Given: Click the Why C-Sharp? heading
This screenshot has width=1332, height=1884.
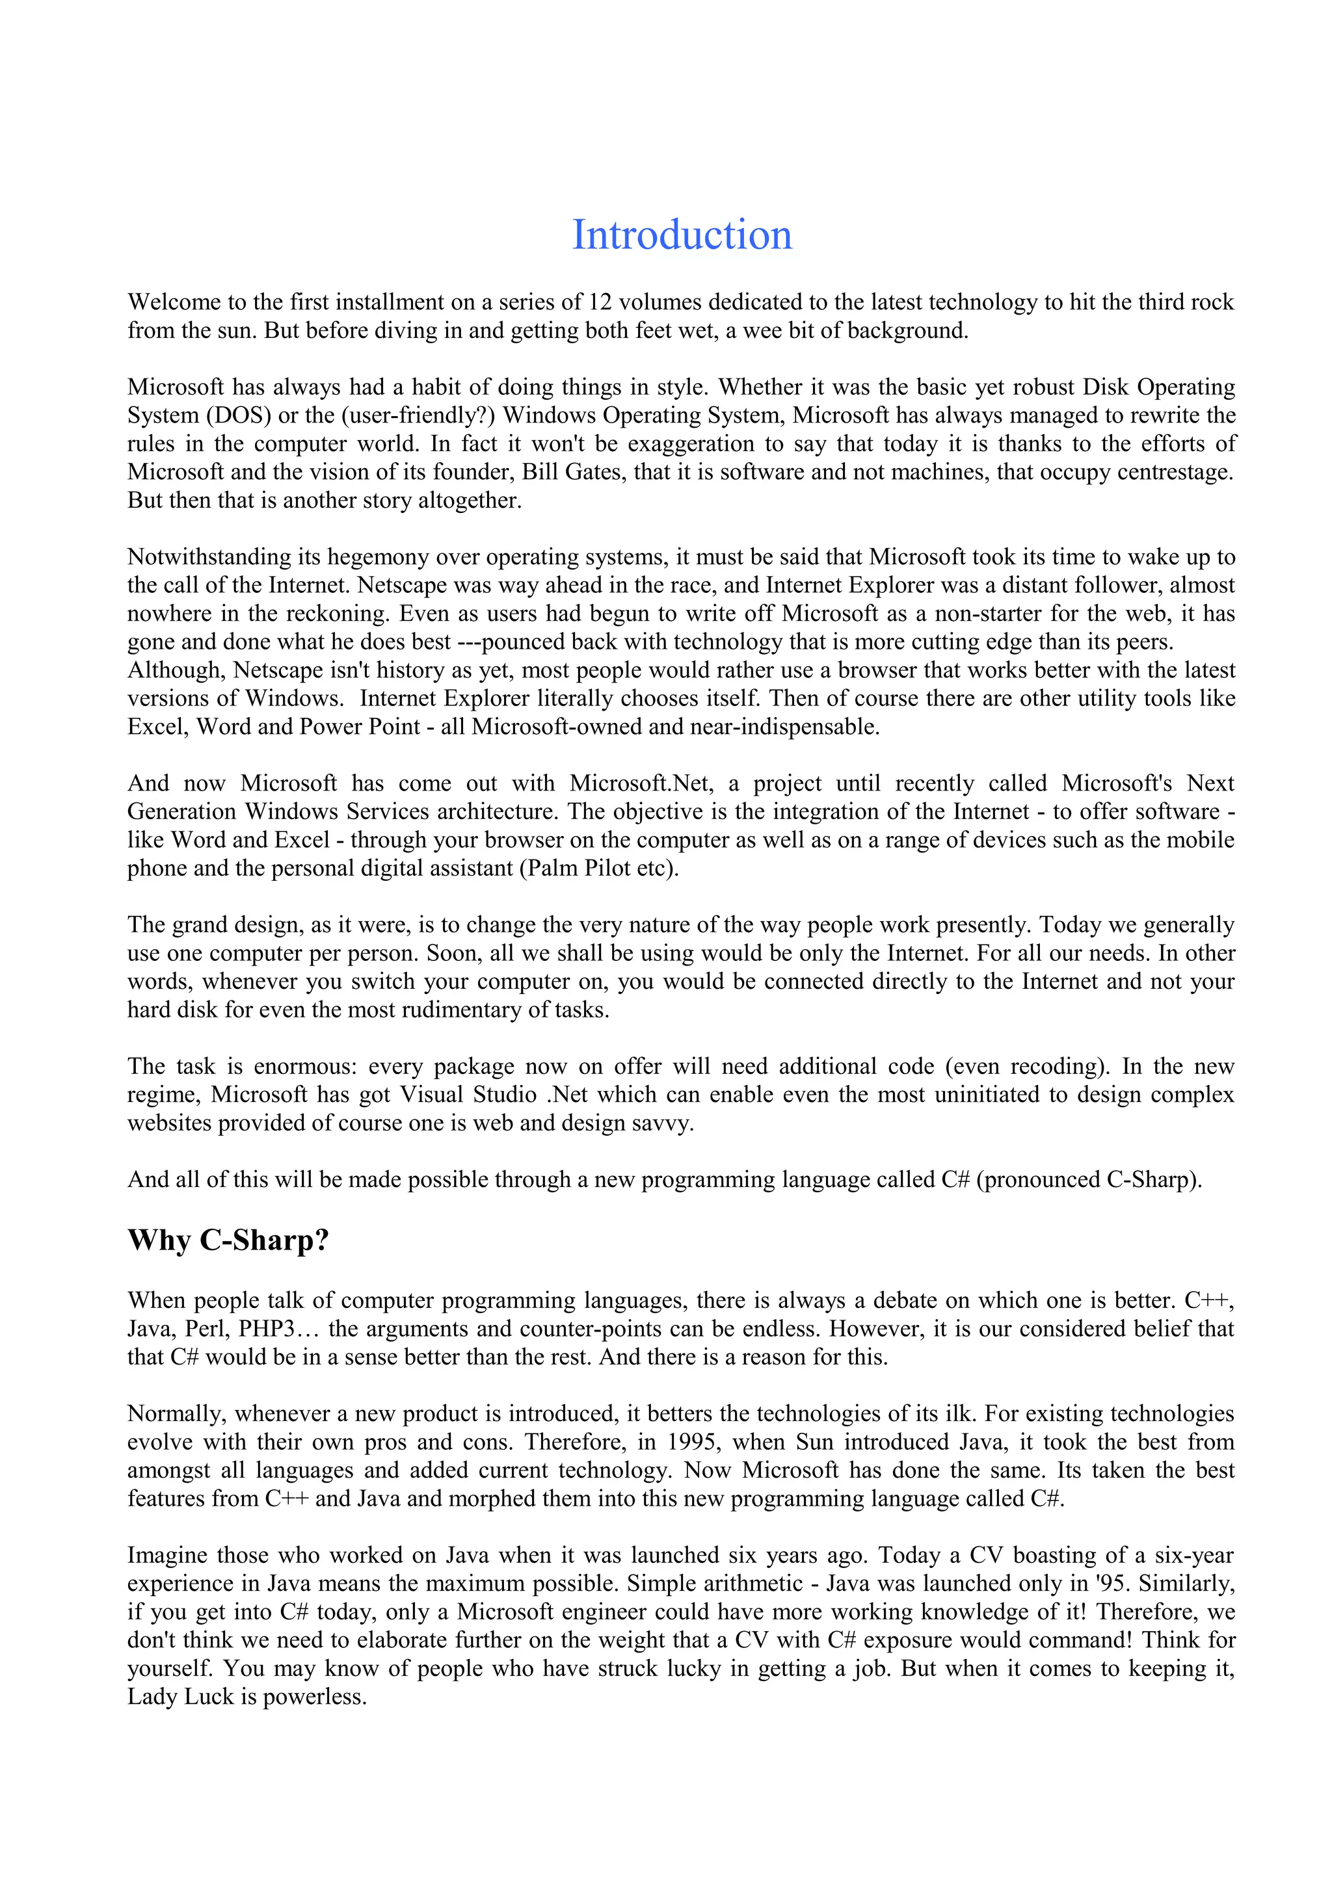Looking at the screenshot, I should click(x=228, y=1240).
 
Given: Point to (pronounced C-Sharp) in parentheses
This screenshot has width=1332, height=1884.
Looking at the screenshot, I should click(x=1088, y=1180).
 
